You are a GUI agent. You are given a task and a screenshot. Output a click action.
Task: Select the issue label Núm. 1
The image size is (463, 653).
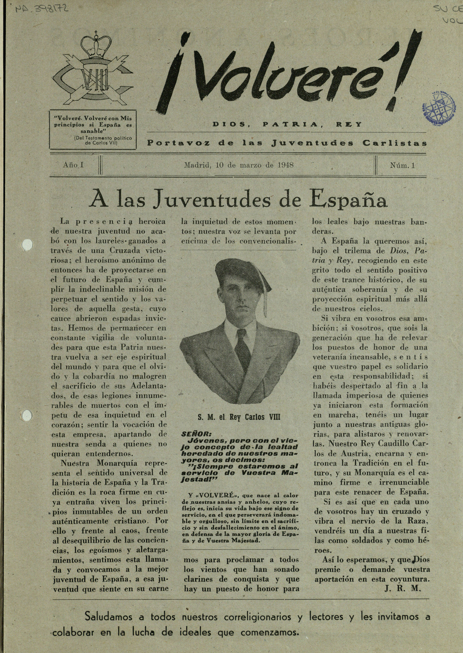[402, 165]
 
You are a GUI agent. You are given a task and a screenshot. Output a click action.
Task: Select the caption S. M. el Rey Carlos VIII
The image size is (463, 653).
[239, 417]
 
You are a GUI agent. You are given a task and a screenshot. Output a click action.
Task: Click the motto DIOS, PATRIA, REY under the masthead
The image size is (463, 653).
[287, 124]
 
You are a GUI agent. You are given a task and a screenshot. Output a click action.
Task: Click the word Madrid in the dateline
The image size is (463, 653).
[196, 165]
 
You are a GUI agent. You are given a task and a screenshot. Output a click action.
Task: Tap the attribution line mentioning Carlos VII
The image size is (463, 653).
[103, 140]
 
